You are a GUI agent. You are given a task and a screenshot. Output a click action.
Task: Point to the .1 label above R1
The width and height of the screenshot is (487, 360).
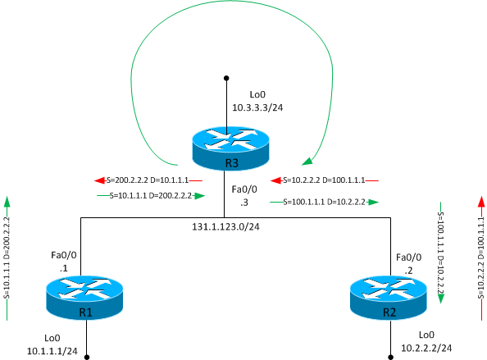click(x=63, y=268)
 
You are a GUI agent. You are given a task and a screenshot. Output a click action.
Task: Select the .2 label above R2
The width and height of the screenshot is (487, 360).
click(x=409, y=268)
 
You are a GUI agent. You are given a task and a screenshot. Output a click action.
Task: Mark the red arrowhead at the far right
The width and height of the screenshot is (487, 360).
click(x=481, y=201)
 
